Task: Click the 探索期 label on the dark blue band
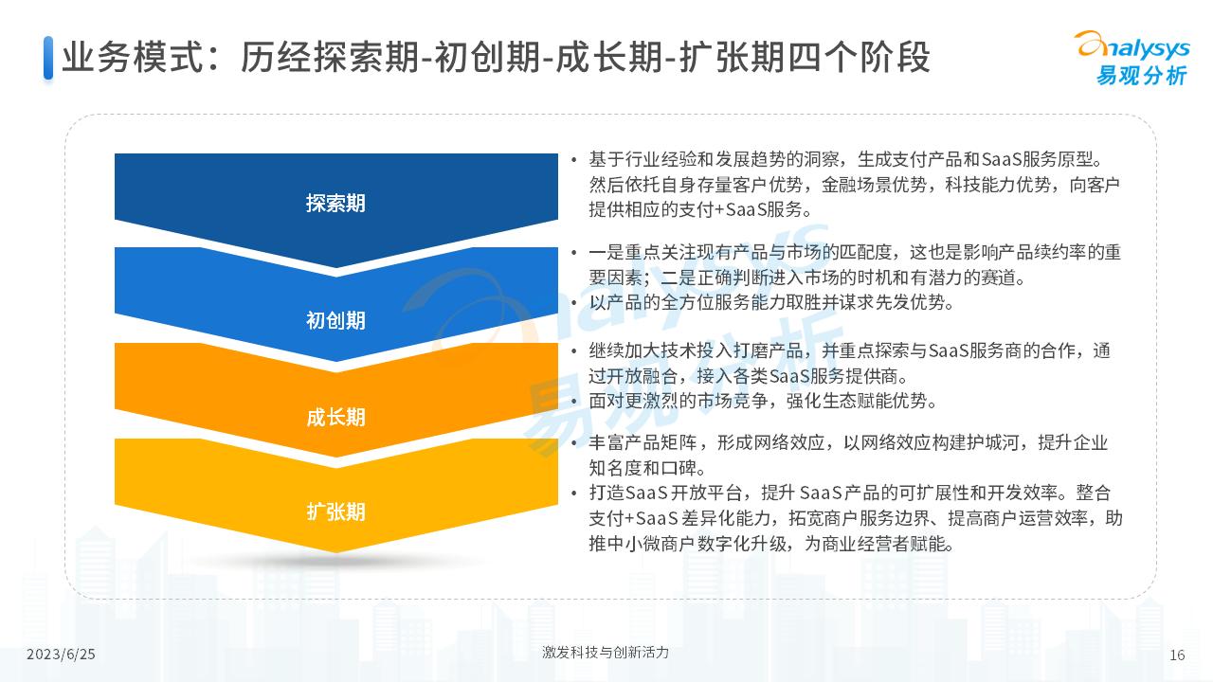click(335, 203)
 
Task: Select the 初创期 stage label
click(335, 320)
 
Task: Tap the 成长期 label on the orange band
click(335, 417)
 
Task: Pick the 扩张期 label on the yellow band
click(335, 511)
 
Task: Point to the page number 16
click(1178, 655)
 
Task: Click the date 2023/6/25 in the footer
click(61, 655)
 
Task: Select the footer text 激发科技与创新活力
click(606, 653)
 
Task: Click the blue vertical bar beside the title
click(48, 58)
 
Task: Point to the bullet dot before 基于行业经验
click(573, 160)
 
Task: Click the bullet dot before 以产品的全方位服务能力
click(573, 303)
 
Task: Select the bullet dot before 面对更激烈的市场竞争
click(573, 401)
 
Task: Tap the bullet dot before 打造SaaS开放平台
click(573, 494)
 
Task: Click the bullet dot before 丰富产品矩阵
click(573, 443)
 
